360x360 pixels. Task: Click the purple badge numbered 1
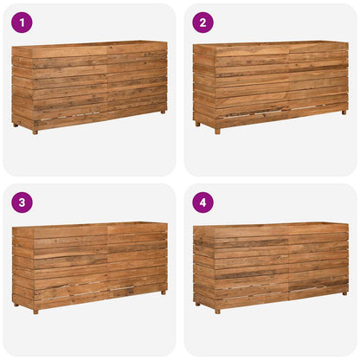coord(22,22)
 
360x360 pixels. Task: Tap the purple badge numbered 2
coord(203,22)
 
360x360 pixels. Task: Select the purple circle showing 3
coord(22,202)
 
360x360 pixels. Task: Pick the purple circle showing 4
coord(203,202)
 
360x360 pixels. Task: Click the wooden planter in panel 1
coord(89,85)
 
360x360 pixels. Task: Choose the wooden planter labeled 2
coord(271,85)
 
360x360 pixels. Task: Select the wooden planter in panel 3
coord(89,265)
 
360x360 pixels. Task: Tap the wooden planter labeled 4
coord(271,265)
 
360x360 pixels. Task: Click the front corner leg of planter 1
coord(35,131)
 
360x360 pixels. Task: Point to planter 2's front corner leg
coord(217,131)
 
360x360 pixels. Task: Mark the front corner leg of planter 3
coord(35,310)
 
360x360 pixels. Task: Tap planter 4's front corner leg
coord(217,310)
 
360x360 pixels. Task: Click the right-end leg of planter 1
coord(163,111)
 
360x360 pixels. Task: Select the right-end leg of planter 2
coord(344,111)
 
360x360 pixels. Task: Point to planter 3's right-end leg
coord(163,292)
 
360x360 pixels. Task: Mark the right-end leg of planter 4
coord(344,292)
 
